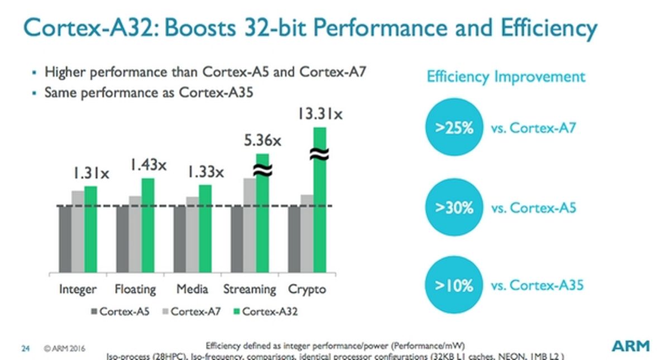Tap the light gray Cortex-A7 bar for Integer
coord(78,232)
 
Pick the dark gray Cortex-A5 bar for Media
coord(180,239)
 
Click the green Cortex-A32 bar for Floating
coord(148,225)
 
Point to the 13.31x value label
coord(319,114)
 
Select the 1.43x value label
coord(149,165)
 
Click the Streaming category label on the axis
coord(250,289)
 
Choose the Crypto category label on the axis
coord(307,289)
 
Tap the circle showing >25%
coord(453,128)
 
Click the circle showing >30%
coord(453,208)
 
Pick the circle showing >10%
coord(453,286)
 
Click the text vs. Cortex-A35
coord(537,286)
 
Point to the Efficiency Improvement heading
coord(506,76)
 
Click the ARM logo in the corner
coord(630,346)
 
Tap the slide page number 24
coord(25,349)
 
